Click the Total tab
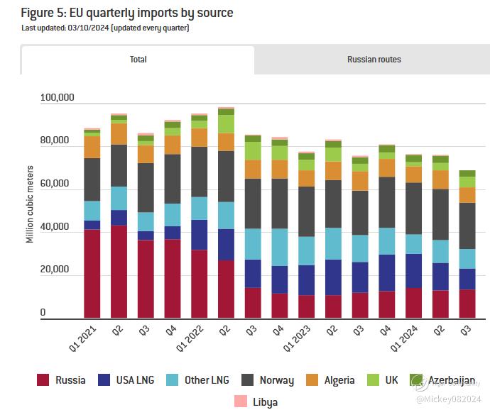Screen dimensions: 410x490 [138, 60]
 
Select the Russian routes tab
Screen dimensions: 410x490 [374, 60]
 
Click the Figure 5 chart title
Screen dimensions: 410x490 [126, 13]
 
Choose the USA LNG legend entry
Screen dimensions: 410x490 [134, 380]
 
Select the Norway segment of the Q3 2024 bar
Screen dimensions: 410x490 [467, 226]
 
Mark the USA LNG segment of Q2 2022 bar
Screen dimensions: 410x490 [227, 245]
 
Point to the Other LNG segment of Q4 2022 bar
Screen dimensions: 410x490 [281, 247]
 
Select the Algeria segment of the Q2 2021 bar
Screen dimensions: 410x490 [119, 134]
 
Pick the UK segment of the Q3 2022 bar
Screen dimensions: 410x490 [254, 150]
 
